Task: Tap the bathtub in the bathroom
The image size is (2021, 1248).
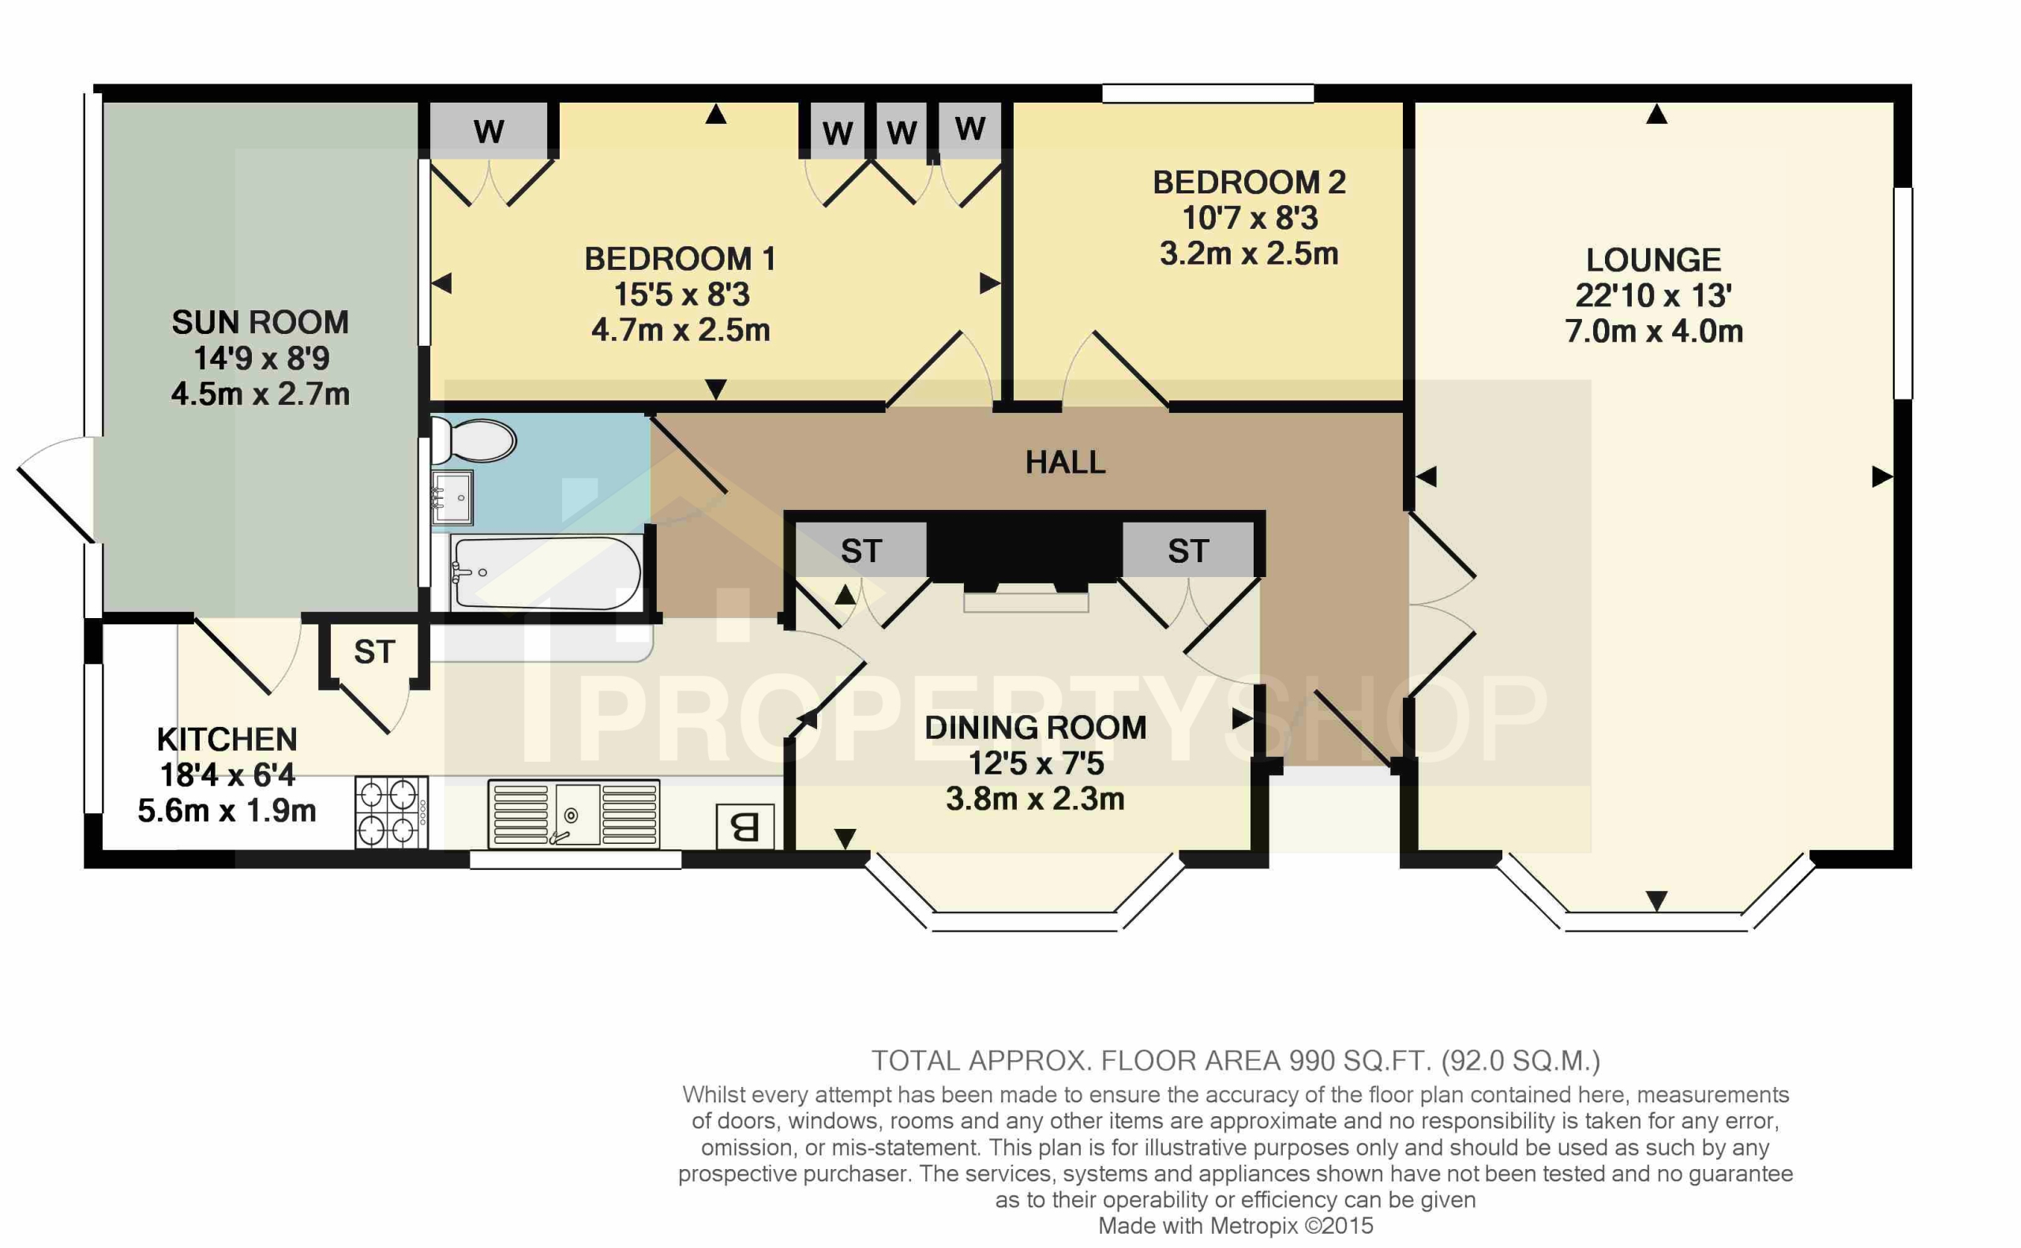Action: [x=546, y=573]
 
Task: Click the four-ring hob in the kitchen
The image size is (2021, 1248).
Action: [x=391, y=812]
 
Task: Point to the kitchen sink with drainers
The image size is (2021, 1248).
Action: [x=574, y=815]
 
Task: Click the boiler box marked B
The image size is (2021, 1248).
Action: [x=745, y=826]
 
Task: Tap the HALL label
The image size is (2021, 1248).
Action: [x=1064, y=463]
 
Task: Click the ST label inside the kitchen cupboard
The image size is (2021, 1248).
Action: [x=375, y=652]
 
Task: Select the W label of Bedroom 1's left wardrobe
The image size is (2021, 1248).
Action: [x=489, y=130]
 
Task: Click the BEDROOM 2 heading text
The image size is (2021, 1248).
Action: [x=1249, y=182]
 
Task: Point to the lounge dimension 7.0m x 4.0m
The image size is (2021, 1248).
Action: [x=1653, y=332]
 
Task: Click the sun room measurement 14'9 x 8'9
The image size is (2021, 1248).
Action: [x=261, y=358]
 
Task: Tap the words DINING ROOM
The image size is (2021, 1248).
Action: [x=1035, y=728]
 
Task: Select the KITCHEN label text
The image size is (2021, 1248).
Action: [x=227, y=739]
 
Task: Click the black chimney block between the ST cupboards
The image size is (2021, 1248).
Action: [x=1023, y=549]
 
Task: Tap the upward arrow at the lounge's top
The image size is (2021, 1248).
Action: [x=1656, y=114]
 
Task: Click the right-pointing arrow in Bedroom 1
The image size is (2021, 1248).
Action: [x=989, y=283]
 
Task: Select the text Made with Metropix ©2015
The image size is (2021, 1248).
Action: [x=1235, y=1226]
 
